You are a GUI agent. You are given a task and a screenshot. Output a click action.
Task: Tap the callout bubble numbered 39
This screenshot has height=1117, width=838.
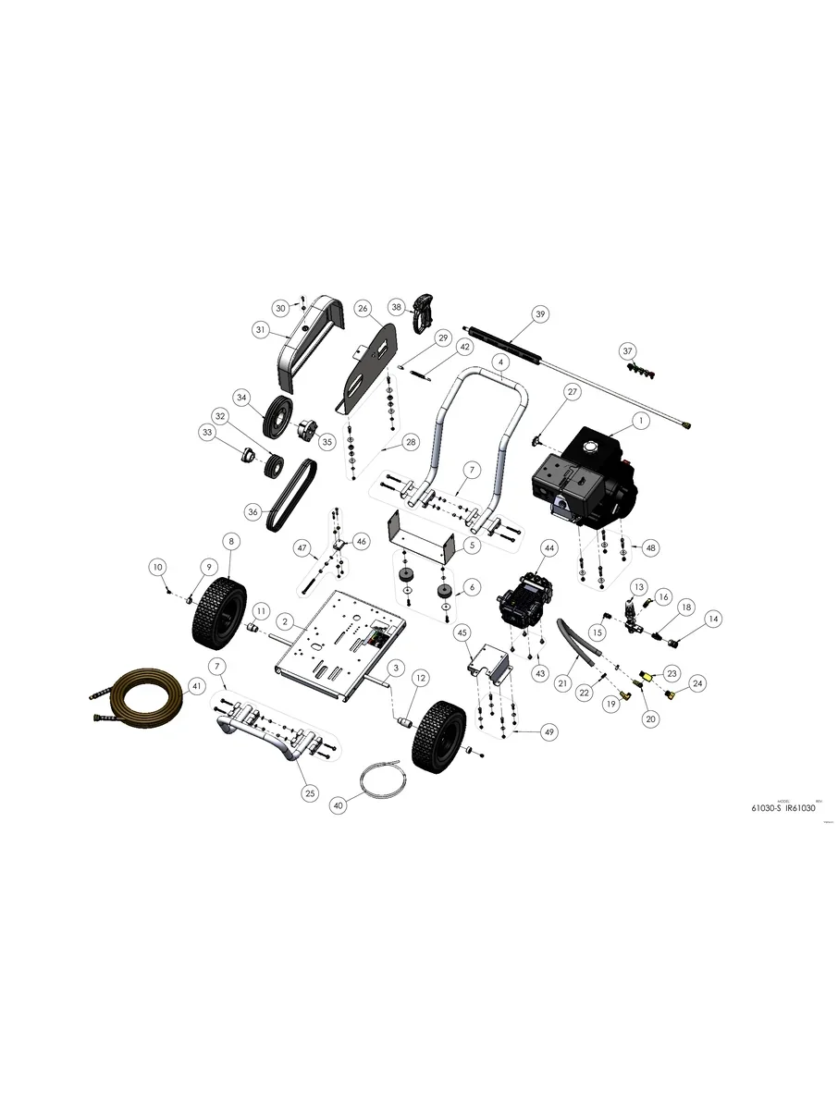[x=541, y=314]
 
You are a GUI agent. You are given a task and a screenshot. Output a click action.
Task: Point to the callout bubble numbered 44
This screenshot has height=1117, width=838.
[x=548, y=548]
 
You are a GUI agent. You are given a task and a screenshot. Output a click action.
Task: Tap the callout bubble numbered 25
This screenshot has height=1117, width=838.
[x=308, y=792]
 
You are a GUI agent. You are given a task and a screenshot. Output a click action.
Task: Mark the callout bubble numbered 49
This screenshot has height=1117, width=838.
[x=549, y=731]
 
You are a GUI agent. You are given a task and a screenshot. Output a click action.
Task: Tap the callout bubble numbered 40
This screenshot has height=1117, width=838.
[x=338, y=805]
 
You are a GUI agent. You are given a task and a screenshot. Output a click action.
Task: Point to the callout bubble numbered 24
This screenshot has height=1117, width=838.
[x=697, y=684]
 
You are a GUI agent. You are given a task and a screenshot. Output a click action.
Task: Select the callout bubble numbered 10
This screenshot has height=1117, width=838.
[x=157, y=566]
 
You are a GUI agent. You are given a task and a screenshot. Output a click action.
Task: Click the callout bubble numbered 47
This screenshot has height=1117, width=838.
[x=302, y=548]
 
